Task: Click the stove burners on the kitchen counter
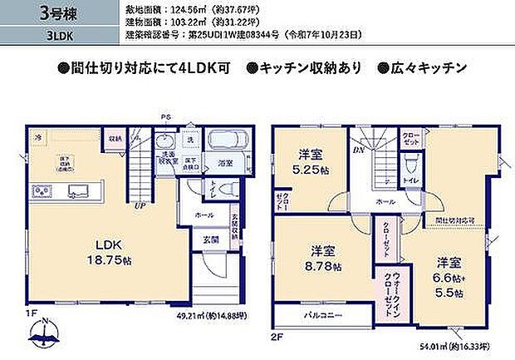click(42, 190)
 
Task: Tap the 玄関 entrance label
click(212, 239)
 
